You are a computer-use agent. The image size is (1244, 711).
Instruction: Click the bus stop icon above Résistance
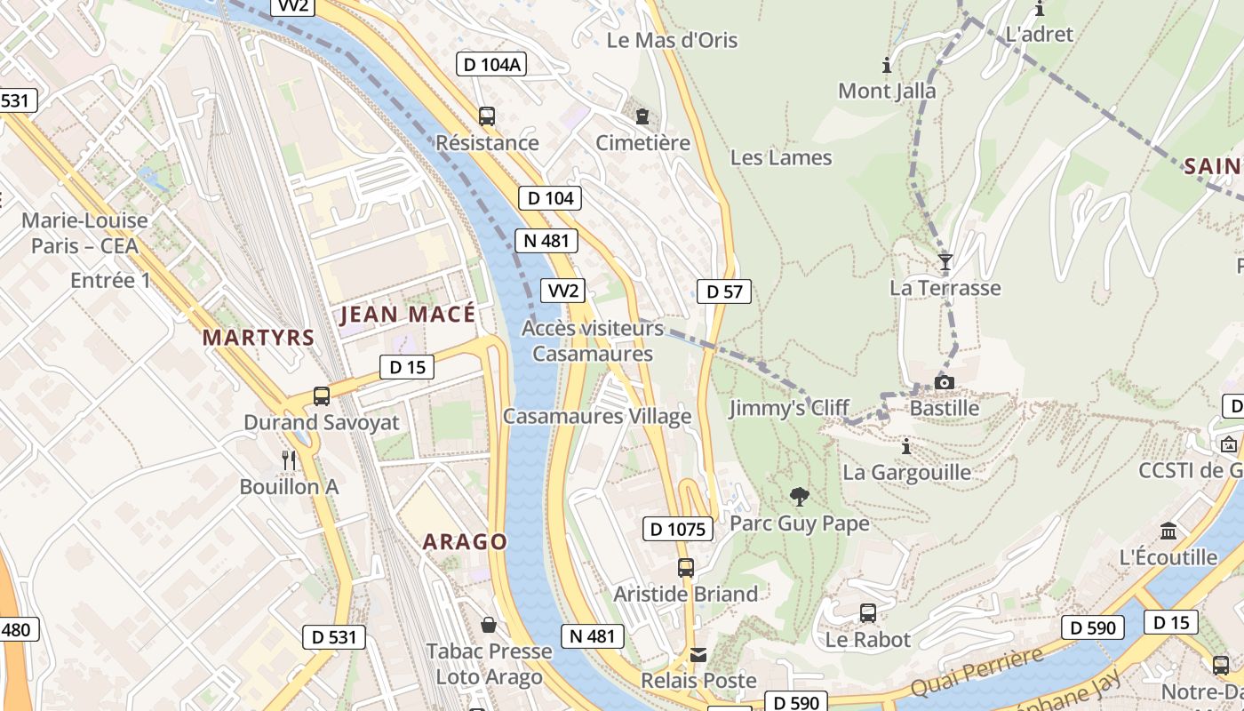click(x=486, y=116)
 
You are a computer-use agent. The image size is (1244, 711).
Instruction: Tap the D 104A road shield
click(x=491, y=64)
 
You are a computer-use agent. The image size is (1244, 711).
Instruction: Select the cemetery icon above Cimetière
click(x=642, y=116)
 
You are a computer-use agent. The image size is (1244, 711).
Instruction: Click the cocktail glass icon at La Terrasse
click(x=945, y=261)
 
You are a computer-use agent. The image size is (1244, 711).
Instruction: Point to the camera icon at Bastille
click(x=944, y=382)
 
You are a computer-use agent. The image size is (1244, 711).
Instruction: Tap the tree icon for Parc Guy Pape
click(x=799, y=496)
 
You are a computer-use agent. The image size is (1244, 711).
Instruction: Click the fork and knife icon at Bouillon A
click(x=289, y=459)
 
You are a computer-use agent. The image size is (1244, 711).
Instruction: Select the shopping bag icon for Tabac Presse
click(x=488, y=624)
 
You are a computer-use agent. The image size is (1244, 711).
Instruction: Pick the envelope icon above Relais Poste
click(x=698, y=655)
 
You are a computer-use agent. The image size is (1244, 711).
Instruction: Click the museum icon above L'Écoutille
click(x=1168, y=531)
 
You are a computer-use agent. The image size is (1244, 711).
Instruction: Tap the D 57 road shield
click(x=724, y=292)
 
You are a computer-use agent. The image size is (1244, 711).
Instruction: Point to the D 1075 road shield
click(x=678, y=530)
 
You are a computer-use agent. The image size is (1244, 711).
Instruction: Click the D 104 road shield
click(x=550, y=198)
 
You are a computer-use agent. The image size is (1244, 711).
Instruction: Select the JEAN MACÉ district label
click(x=408, y=314)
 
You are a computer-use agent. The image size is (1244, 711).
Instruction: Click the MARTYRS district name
click(x=259, y=338)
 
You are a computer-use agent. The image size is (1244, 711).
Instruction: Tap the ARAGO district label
click(x=465, y=541)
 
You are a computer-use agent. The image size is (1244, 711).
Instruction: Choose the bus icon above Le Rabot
click(x=868, y=612)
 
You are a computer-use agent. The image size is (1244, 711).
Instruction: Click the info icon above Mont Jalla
click(x=886, y=65)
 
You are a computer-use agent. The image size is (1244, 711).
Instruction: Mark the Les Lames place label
click(x=781, y=158)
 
